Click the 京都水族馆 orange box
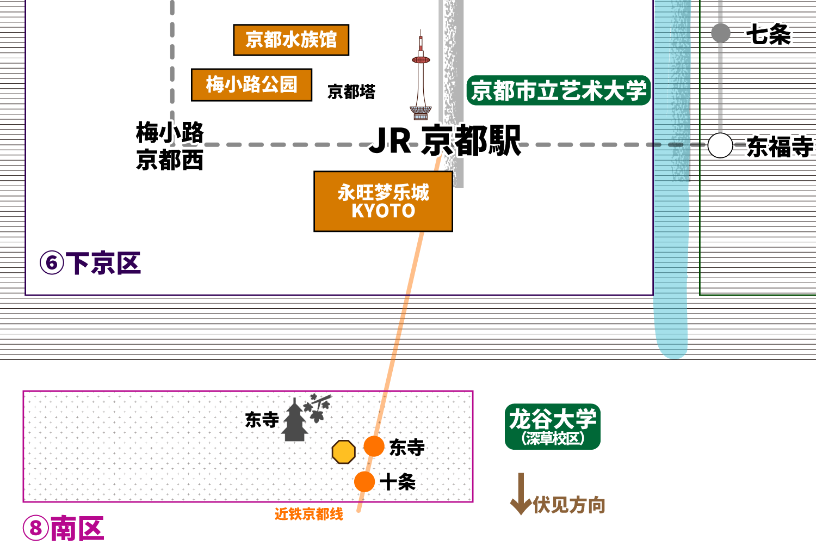[291, 40]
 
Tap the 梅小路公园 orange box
[252, 85]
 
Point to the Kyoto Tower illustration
[421, 75]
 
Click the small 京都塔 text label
[351, 91]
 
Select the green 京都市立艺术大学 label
[559, 90]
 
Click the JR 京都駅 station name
[445, 140]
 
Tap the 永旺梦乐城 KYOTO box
[383, 201]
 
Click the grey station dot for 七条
[721, 33]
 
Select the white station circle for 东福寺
[720, 145]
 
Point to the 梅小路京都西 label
[170, 146]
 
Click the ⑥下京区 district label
[90, 263]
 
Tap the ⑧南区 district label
[64, 528]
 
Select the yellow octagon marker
[343, 452]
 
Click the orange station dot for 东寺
[374, 446]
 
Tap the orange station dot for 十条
[364, 481]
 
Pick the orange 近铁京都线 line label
[309, 514]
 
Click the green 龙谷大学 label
[553, 426]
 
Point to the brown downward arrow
[521, 494]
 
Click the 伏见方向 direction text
[569, 505]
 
